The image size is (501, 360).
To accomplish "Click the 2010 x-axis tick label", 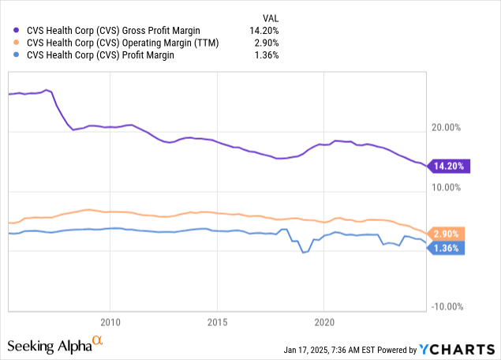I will [x=110, y=322].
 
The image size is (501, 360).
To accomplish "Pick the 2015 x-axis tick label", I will [x=218, y=322].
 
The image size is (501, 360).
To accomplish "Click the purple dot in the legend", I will [x=17, y=30].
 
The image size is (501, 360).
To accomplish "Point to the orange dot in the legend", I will [x=17, y=42].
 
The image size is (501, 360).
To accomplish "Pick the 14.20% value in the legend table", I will [x=264, y=30].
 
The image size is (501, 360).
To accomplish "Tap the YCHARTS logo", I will [x=458, y=349].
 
